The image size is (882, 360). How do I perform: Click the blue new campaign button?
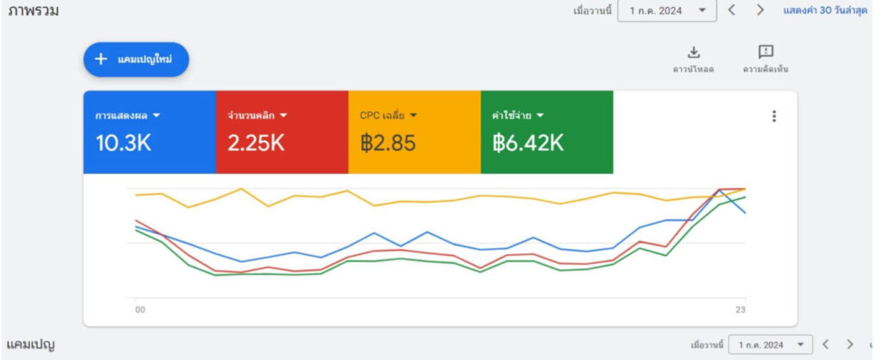pos(135,59)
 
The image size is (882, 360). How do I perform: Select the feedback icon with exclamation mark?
pos(765,53)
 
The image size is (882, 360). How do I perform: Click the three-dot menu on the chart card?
pos(774,116)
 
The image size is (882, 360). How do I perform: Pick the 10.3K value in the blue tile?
pos(123,143)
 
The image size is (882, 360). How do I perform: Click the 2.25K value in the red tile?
pos(256,143)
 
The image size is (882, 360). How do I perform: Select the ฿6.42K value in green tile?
pos(528,143)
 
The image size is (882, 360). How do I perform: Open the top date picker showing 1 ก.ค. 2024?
pos(667,10)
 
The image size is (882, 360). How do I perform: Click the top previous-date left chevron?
pos(731,10)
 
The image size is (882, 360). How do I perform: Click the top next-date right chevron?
pos(760,10)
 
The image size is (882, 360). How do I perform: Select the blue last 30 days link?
pos(824,10)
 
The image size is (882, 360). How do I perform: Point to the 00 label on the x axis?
pos(140,310)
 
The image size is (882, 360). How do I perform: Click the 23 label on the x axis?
pos(740,310)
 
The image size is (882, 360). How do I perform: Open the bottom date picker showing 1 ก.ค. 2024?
pos(769,344)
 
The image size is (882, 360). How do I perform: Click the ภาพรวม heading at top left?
pos(33,11)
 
